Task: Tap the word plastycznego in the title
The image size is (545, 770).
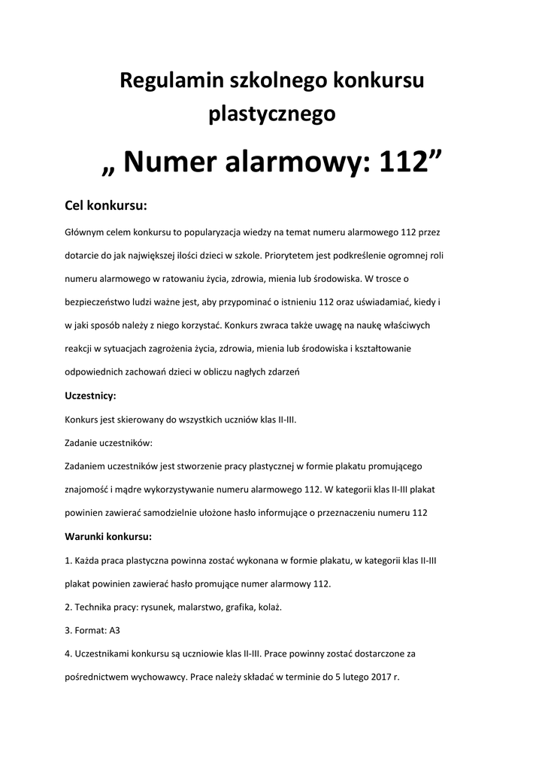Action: coord(271,114)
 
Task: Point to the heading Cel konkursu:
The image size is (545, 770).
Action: coord(105,205)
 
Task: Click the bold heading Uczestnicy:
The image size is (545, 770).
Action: coord(90,396)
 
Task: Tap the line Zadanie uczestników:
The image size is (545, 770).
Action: coord(109,443)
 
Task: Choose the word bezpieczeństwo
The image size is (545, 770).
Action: coord(104,302)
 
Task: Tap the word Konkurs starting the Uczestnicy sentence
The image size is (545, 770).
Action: coord(83,420)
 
